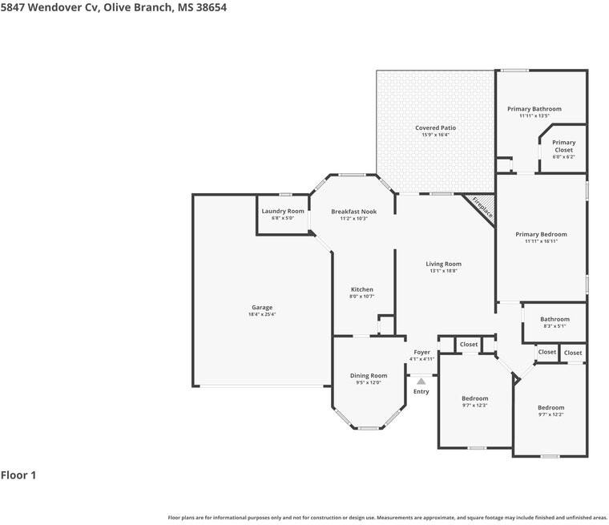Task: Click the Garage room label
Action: tap(262, 307)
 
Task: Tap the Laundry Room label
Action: tap(283, 211)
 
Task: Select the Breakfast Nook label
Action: tap(354, 212)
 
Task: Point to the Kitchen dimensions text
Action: tap(361, 297)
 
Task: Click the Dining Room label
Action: tap(369, 375)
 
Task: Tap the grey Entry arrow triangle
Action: tap(421, 382)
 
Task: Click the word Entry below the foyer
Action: tap(421, 391)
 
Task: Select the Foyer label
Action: tap(421, 352)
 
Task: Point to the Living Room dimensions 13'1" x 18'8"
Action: tap(444, 271)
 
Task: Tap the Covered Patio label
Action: tap(435, 127)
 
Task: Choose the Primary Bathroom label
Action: tap(534, 109)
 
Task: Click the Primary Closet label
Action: tap(563, 146)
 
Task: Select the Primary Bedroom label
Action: tap(541, 234)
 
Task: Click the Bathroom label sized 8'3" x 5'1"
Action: tap(555, 319)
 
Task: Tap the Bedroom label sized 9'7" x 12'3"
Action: tap(474, 398)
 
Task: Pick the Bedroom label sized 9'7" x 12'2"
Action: tap(551, 408)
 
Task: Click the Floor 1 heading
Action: tap(18, 475)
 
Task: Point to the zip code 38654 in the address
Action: tap(212, 7)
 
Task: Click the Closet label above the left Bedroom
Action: tap(469, 345)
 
